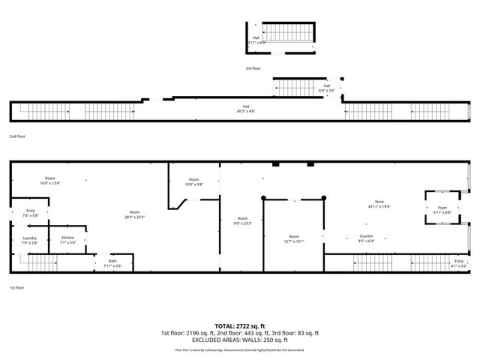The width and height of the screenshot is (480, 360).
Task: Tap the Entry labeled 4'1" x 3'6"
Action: pos(458,263)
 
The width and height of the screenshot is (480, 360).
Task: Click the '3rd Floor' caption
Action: pos(253,68)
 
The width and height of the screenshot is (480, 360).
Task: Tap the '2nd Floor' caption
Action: pos(17,136)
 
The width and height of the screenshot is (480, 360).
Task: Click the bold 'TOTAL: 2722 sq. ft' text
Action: pos(240,325)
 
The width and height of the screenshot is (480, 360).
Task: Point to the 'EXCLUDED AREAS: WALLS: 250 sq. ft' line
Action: pos(240,339)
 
